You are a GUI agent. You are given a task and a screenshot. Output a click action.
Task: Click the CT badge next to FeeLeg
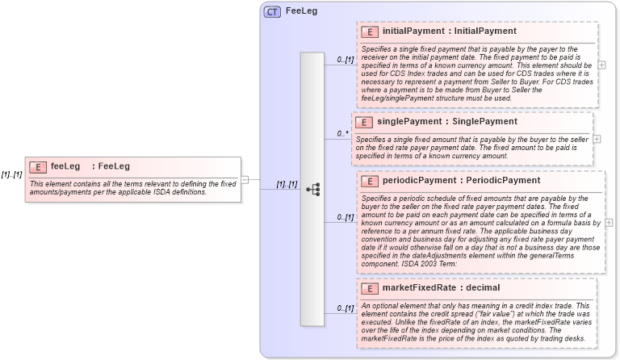pyautogui.click(x=272, y=12)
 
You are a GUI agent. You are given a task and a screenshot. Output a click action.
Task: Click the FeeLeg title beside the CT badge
pyautogui.click(x=301, y=12)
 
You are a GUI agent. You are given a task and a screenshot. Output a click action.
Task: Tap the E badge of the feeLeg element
pyautogui.click(x=37, y=166)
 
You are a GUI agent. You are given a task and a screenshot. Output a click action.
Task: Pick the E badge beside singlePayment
pyautogui.click(x=364, y=122)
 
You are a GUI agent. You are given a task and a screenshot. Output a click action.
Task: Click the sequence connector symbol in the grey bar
pyautogui.click(x=312, y=189)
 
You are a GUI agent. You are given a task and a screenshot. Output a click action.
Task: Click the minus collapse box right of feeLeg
pyautogui.click(x=245, y=180)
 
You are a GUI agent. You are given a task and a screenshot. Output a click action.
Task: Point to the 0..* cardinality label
pyautogui.click(x=343, y=133)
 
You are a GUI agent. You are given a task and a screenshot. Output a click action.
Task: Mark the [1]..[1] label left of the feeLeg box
pyautogui.click(x=11, y=175)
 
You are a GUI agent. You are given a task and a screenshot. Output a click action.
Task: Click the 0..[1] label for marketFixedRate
pyautogui.click(x=346, y=308)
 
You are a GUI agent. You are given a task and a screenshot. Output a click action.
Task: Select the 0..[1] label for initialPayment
pyautogui.click(x=346, y=60)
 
